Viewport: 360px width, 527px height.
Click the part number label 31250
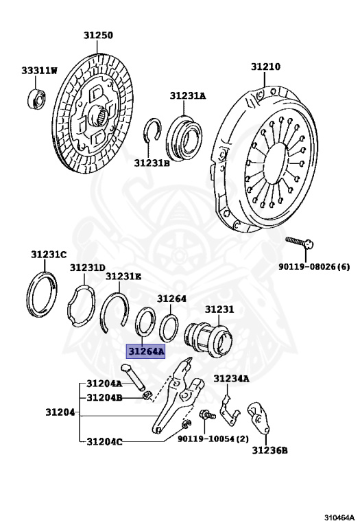pyautogui.click(x=98, y=35)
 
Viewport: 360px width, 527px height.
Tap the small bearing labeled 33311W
pyautogui.click(x=37, y=98)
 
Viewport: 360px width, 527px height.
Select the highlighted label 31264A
pyautogui.click(x=145, y=351)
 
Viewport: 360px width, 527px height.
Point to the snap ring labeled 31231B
pyautogui.click(x=152, y=130)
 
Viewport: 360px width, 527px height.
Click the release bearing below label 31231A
pyautogui.click(x=184, y=137)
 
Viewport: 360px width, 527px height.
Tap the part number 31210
pyautogui.click(x=265, y=67)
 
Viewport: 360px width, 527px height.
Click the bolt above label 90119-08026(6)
pyautogui.click(x=299, y=243)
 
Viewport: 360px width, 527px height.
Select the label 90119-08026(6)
pyautogui.click(x=314, y=266)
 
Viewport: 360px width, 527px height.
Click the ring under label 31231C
pyautogui.click(x=42, y=295)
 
